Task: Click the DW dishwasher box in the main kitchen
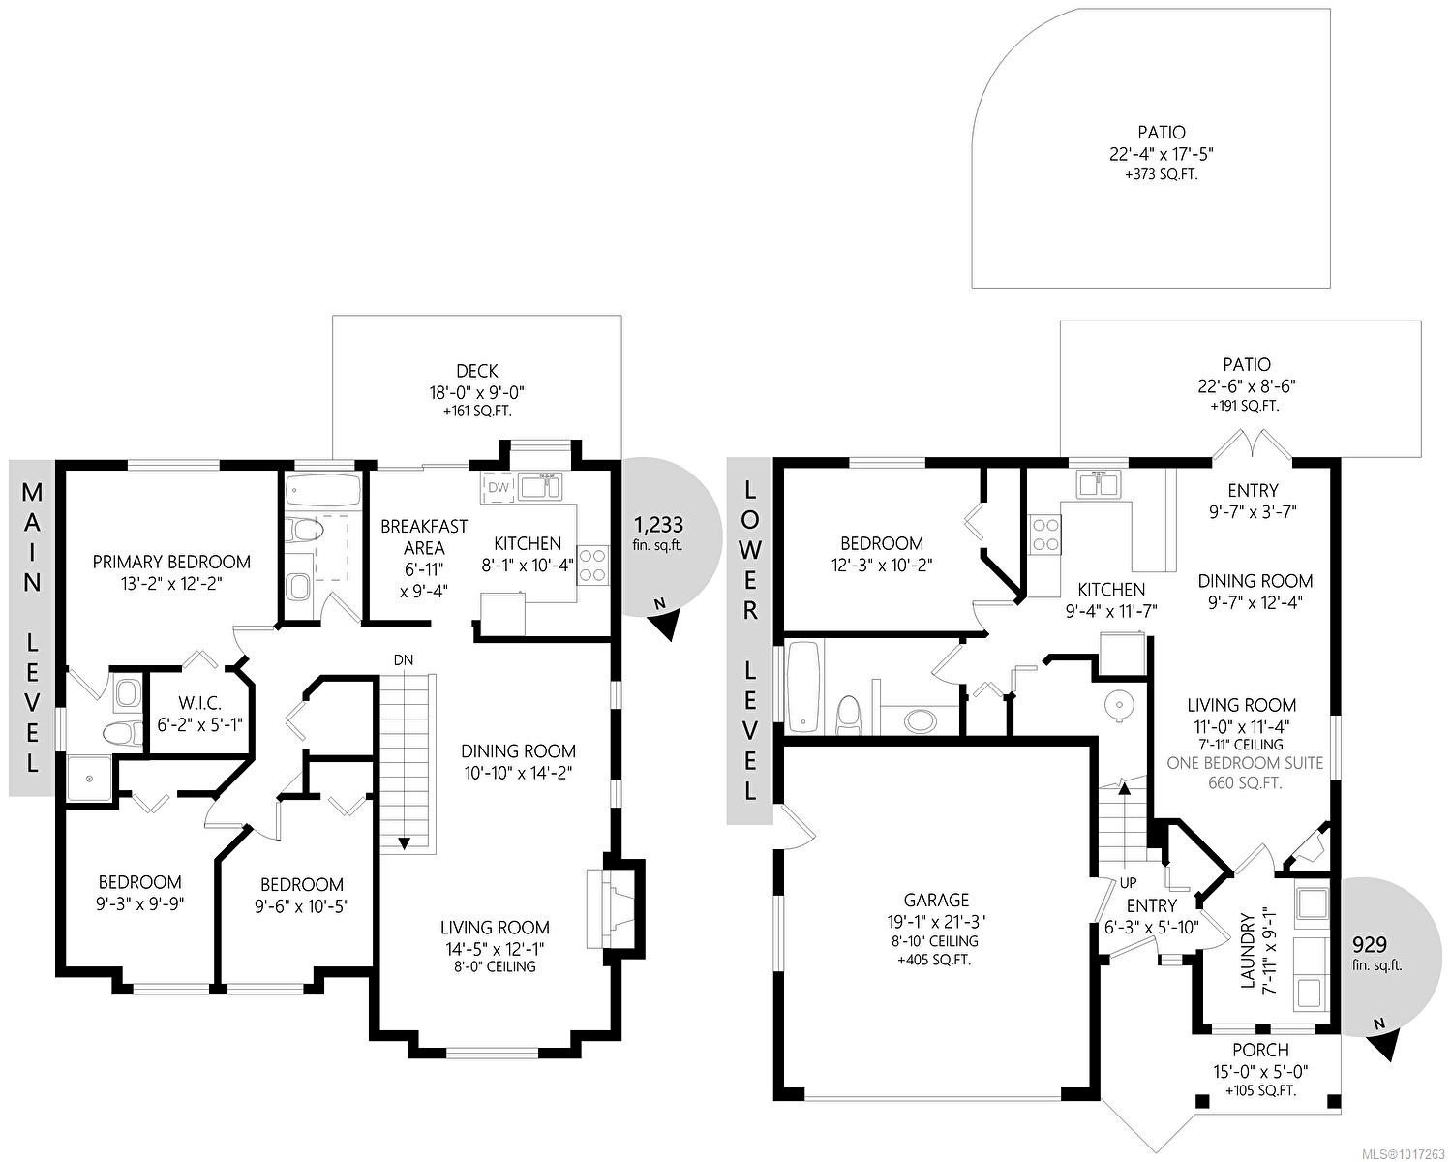(498, 488)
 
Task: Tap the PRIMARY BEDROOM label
(171, 562)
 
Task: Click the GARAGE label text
(936, 901)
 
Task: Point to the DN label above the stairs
(404, 659)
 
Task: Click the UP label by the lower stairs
(1128, 883)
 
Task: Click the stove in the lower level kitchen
(1046, 534)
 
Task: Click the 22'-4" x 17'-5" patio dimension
(1162, 154)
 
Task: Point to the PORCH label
(1260, 1050)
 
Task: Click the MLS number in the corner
(1403, 1152)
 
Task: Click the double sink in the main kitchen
(539, 485)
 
